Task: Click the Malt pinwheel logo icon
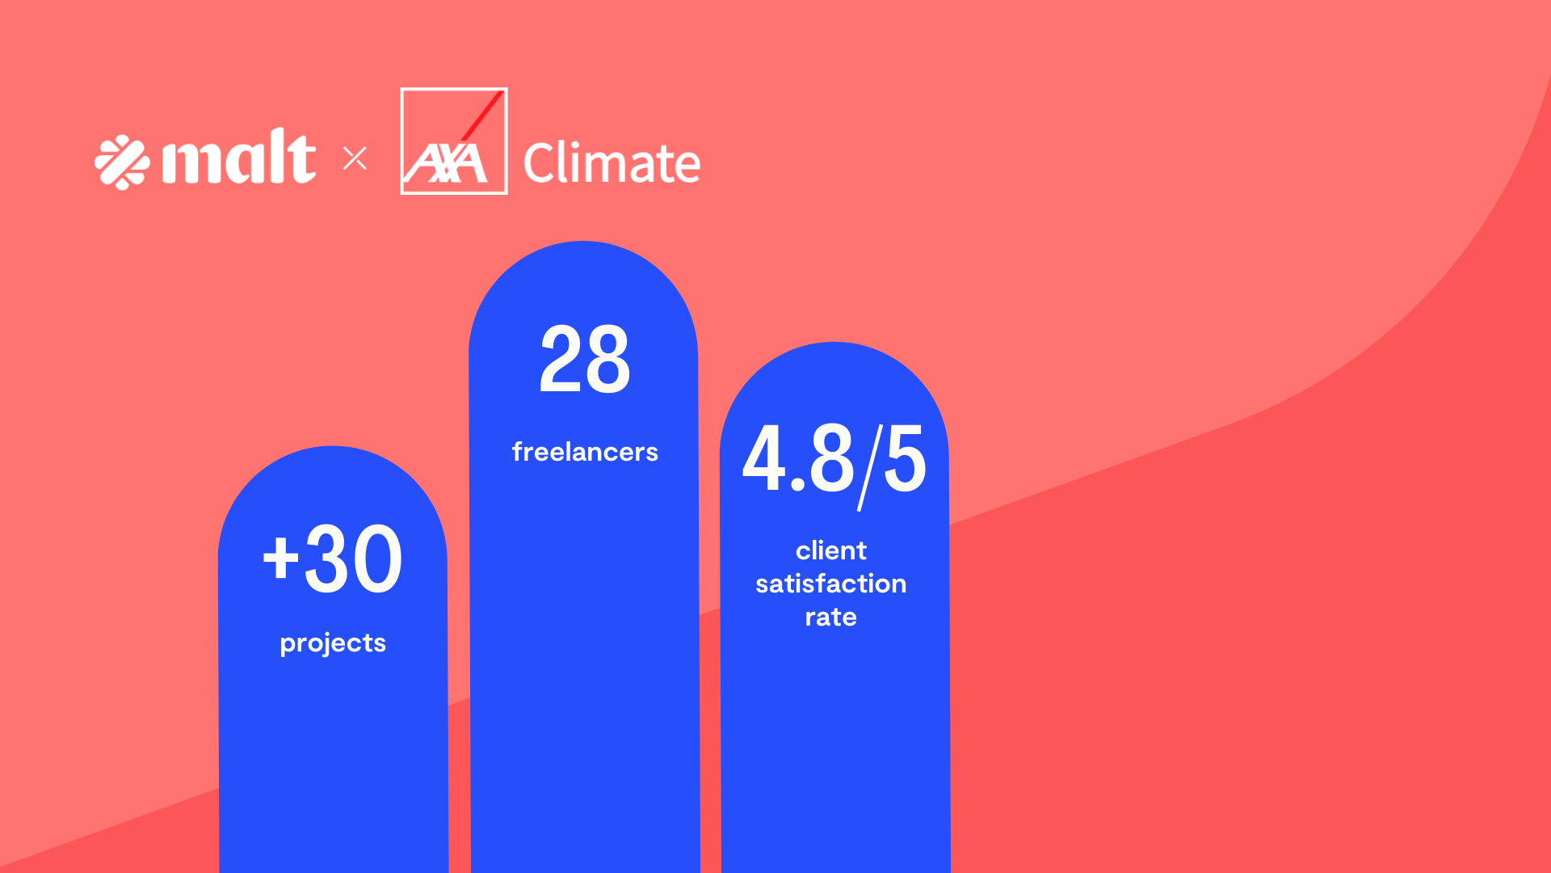pos(122,162)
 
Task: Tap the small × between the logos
pos(355,158)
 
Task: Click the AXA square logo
pos(454,141)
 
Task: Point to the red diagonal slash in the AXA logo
pos(483,115)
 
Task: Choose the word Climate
pos(612,163)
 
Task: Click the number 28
pos(584,359)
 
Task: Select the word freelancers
pos(585,452)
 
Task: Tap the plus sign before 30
pos(280,558)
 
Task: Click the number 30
pos(353,559)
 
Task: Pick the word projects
pos(333,643)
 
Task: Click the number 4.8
pos(798,458)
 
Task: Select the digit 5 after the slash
pos(905,460)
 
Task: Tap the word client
pos(830,550)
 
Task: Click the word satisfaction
pos(830,584)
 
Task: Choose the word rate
pos(830,618)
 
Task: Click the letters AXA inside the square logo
pos(447,165)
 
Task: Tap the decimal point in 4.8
pos(798,485)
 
